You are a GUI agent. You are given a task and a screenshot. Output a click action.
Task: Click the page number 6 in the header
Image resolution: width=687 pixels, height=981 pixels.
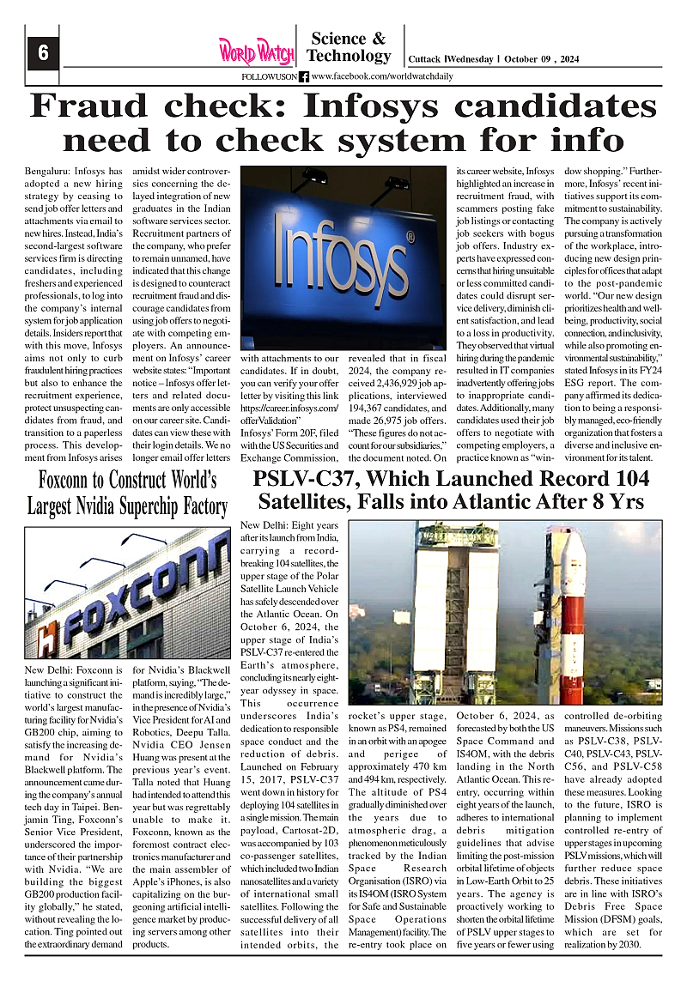pyautogui.click(x=42, y=53)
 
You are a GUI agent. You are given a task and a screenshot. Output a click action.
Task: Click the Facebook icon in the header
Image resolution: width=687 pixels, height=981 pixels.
pyautogui.click(x=304, y=76)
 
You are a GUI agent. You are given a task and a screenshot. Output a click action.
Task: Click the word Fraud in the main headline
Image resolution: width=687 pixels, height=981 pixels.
pyautogui.click(x=95, y=106)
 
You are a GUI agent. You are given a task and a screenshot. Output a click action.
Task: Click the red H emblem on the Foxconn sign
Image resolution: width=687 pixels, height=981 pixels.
pyautogui.click(x=48, y=638)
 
